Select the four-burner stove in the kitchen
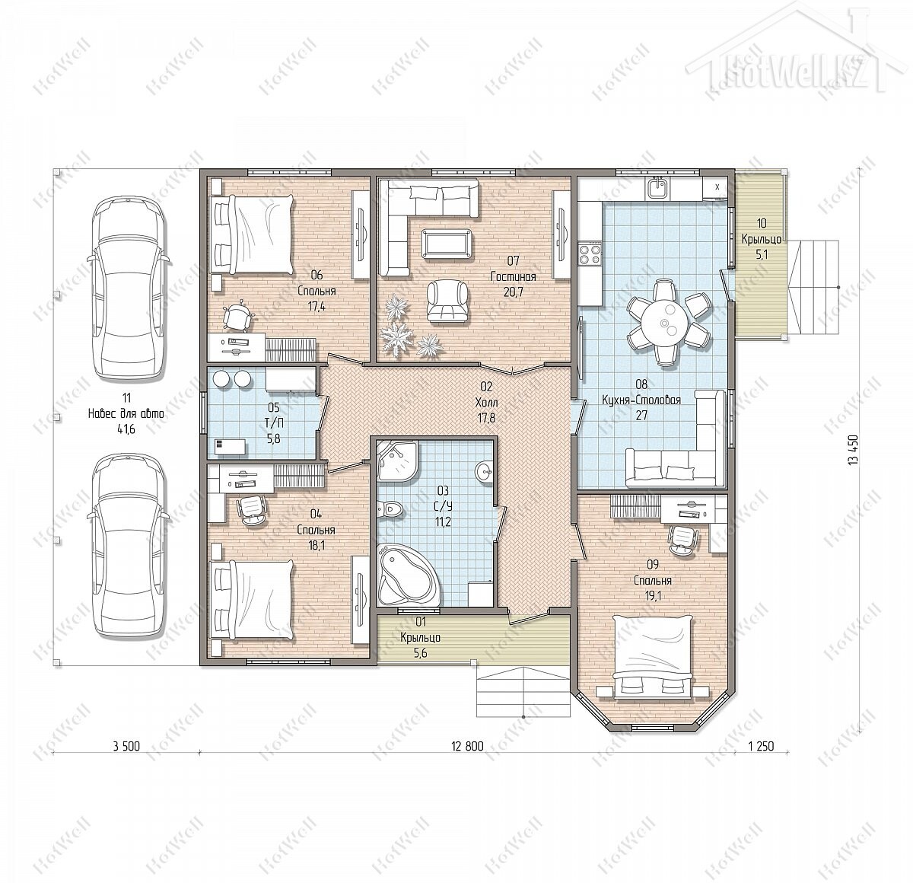click(590, 253)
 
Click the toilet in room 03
click(390, 508)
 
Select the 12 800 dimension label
click(467, 746)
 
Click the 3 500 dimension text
click(126, 746)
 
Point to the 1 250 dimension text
click(761, 746)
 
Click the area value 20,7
click(513, 292)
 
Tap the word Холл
click(486, 403)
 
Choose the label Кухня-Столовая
click(641, 400)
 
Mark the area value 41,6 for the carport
click(126, 429)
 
